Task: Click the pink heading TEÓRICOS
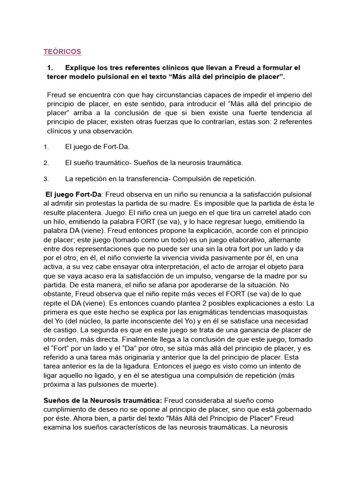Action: [62, 51]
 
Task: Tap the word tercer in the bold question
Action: [59, 76]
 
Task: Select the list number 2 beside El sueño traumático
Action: [46, 163]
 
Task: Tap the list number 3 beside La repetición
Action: [46, 179]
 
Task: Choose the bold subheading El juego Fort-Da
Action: [73, 195]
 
